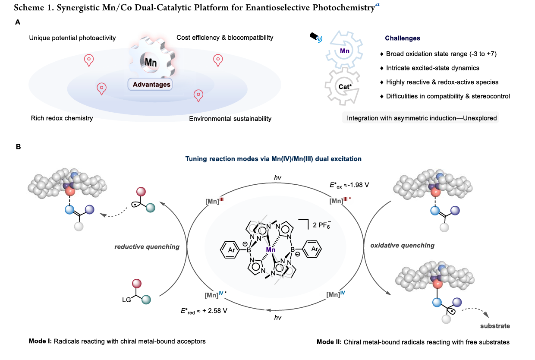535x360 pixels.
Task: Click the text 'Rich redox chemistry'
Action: pyautogui.click(x=62, y=118)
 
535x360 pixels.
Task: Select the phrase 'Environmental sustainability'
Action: pyautogui.click(x=230, y=118)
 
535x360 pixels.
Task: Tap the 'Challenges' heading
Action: pyautogui.click(x=403, y=38)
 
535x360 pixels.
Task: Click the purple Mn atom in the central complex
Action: pyautogui.click(x=271, y=249)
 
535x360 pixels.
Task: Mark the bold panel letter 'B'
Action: pyautogui.click(x=19, y=147)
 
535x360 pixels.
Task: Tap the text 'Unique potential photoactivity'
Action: pyautogui.click(x=72, y=38)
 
